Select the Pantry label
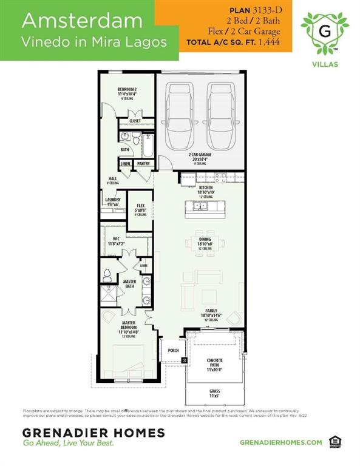point(143,164)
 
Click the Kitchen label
point(206,188)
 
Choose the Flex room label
point(141,206)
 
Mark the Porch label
point(172,351)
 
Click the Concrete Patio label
point(215,362)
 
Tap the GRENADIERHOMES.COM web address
point(280,442)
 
